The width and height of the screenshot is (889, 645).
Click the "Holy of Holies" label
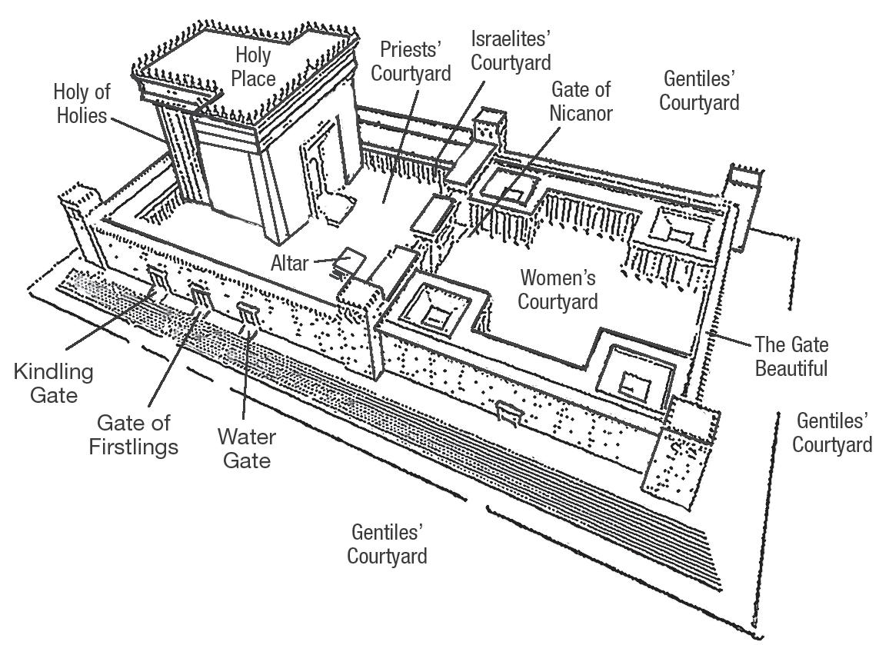pos(82,105)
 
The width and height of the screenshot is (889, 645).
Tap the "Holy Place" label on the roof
pos(255,66)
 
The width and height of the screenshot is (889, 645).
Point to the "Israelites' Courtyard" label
pos(511,49)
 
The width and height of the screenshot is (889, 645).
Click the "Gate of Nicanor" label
pos(581,101)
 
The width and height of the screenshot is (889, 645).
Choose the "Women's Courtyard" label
pos(558,288)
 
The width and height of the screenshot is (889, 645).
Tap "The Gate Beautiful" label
pos(791,356)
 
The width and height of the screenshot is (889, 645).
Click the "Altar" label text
pos(289,263)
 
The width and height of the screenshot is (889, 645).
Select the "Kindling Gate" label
pos(53,383)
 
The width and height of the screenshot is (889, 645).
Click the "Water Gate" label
pos(246,449)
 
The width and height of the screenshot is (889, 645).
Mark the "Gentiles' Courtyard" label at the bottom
pos(388,543)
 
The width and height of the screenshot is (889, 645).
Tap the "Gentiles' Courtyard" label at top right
pos(700,90)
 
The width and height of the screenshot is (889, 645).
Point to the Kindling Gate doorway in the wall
pos(156,281)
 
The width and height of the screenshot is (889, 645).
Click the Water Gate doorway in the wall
pos(247,314)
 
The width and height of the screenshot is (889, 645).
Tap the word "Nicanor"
pos(581,113)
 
